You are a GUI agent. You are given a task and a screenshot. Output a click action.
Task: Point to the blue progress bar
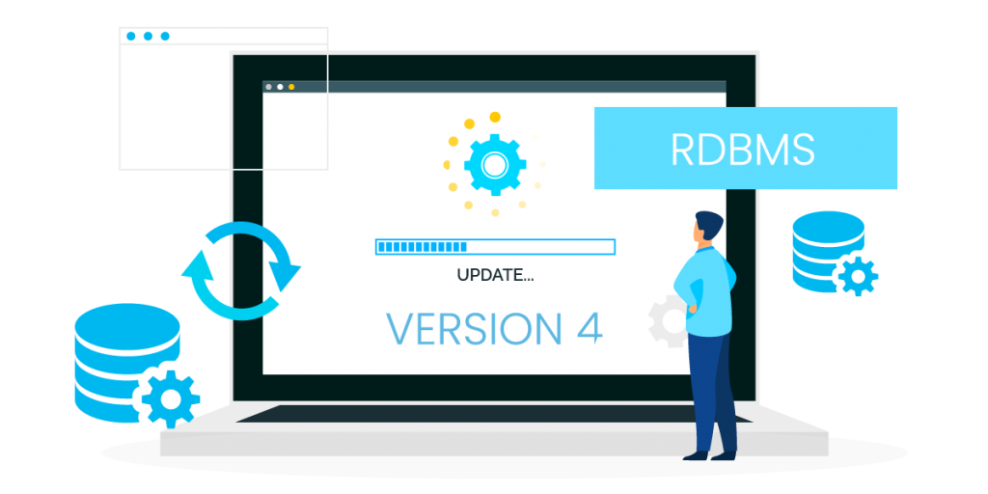(x=495, y=246)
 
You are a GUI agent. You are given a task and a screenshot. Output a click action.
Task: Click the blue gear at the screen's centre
(x=495, y=164)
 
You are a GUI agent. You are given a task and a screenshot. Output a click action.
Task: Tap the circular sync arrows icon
(x=241, y=270)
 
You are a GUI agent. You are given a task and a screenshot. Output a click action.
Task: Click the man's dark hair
(x=709, y=224)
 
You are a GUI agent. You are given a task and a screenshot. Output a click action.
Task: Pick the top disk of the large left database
(x=127, y=324)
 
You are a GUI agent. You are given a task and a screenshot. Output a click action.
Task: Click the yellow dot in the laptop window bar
(x=291, y=87)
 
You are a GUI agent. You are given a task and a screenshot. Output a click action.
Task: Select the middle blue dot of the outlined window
(x=148, y=36)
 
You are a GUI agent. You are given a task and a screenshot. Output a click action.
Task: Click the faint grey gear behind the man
(x=668, y=320)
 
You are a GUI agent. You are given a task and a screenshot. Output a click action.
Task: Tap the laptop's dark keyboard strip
(x=494, y=413)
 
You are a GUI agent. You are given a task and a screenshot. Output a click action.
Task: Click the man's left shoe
(x=697, y=455)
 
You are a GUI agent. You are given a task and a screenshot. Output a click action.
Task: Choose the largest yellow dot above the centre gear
(x=495, y=117)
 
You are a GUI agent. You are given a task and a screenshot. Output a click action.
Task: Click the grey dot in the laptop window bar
(x=269, y=87)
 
